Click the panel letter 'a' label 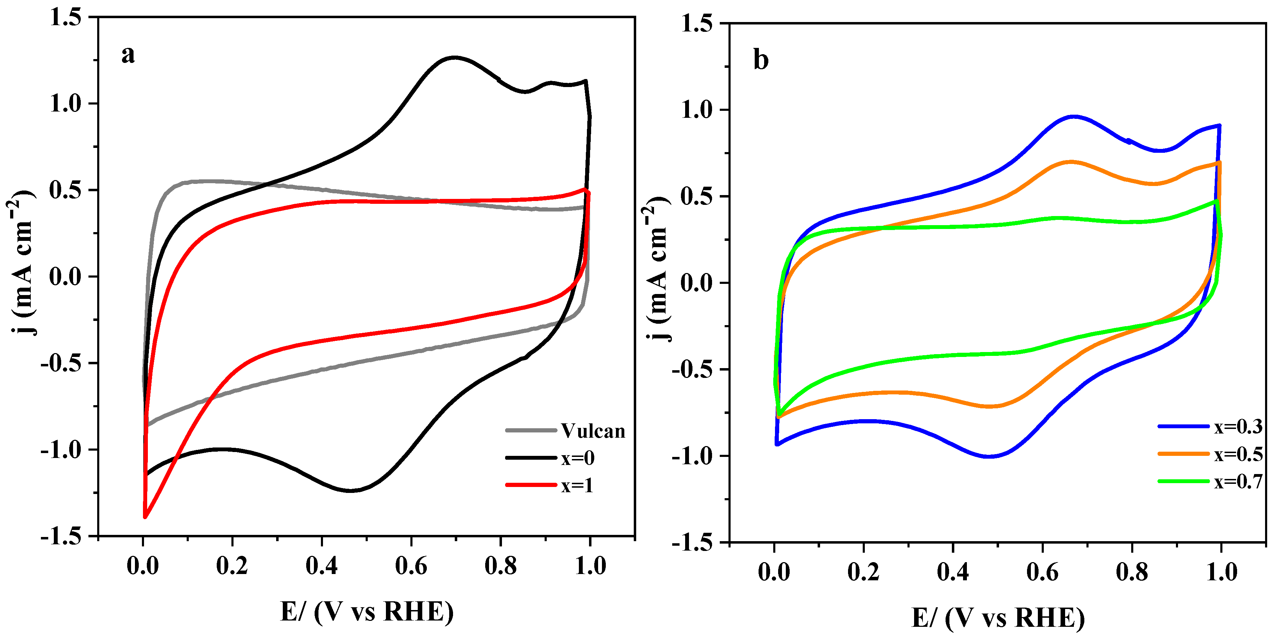pos(128,55)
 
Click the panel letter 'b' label pos(761,60)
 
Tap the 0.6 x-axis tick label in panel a pos(411,566)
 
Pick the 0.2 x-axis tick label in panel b pos(863,572)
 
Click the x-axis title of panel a pos(367,611)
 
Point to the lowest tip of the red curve pos(145,517)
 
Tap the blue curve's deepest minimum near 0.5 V pos(989,456)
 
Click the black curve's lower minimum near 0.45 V pos(350,490)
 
